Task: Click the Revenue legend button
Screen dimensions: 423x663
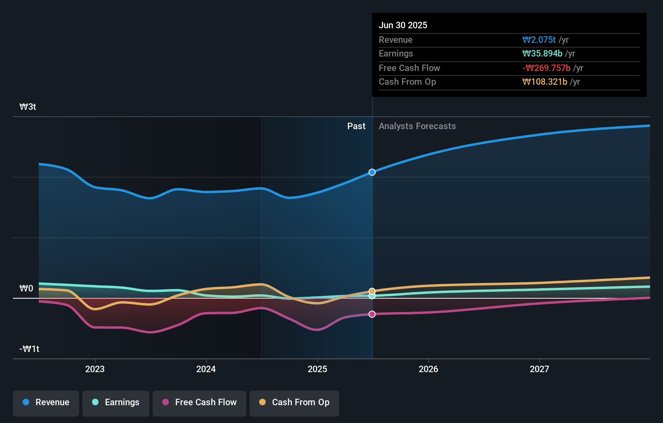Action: [x=46, y=402]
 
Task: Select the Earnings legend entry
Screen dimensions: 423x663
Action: [x=116, y=402]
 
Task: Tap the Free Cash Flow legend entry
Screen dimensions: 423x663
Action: [x=199, y=402]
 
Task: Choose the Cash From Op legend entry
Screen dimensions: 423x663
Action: [x=294, y=402]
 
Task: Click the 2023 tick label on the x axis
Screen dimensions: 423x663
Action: [x=95, y=369]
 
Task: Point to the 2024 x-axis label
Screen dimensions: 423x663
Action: [x=206, y=369]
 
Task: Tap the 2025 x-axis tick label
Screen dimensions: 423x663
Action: [x=317, y=369]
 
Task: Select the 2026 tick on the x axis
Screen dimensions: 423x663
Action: [x=428, y=369]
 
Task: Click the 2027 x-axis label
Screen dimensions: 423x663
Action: [x=539, y=369]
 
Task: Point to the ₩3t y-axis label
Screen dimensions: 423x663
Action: [x=28, y=107]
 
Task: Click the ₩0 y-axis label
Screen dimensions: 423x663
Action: [x=27, y=289]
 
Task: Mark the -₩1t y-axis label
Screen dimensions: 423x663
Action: [x=29, y=349]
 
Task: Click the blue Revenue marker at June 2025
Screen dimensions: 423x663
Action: [x=372, y=172]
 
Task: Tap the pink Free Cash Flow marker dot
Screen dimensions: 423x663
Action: [x=372, y=314]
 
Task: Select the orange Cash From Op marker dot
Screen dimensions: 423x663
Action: [x=372, y=291]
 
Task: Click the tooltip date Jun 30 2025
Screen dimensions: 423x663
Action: [x=403, y=25]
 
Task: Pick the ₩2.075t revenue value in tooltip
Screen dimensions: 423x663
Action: [x=539, y=40]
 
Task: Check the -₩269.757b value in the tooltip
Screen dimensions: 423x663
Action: [x=546, y=68]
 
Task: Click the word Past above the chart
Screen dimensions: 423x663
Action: [x=356, y=126]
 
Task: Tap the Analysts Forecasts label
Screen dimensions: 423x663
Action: [x=417, y=126]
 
